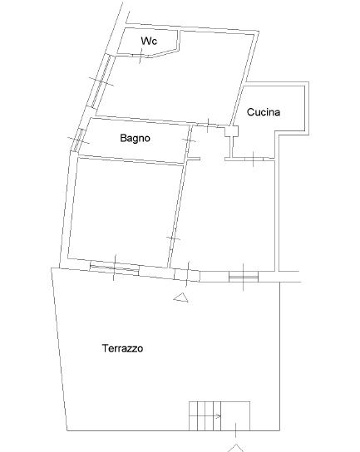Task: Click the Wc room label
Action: [x=149, y=41]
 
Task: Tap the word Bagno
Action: [x=135, y=138]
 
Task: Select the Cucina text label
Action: [x=264, y=112]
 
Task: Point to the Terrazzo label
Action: [x=122, y=348]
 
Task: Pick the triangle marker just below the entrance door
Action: [x=181, y=297]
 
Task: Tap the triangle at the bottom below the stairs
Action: [x=236, y=448]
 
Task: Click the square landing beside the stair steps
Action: [x=235, y=416]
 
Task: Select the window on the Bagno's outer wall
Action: [x=79, y=140]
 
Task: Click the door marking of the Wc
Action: [x=141, y=55]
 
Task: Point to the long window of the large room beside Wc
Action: [x=101, y=82]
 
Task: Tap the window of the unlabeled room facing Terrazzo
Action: [x=115, y=268]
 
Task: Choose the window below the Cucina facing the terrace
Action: [x=244, y=277]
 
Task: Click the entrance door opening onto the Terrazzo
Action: [x=187, y=274]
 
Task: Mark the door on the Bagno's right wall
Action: [x=189, y=140]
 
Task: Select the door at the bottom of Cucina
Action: [x=254, y=159]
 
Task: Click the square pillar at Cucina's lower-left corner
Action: [x=232, y=131]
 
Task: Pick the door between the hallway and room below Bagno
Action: [x=173, y=238]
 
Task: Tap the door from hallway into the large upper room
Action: [x=209, y=125]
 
